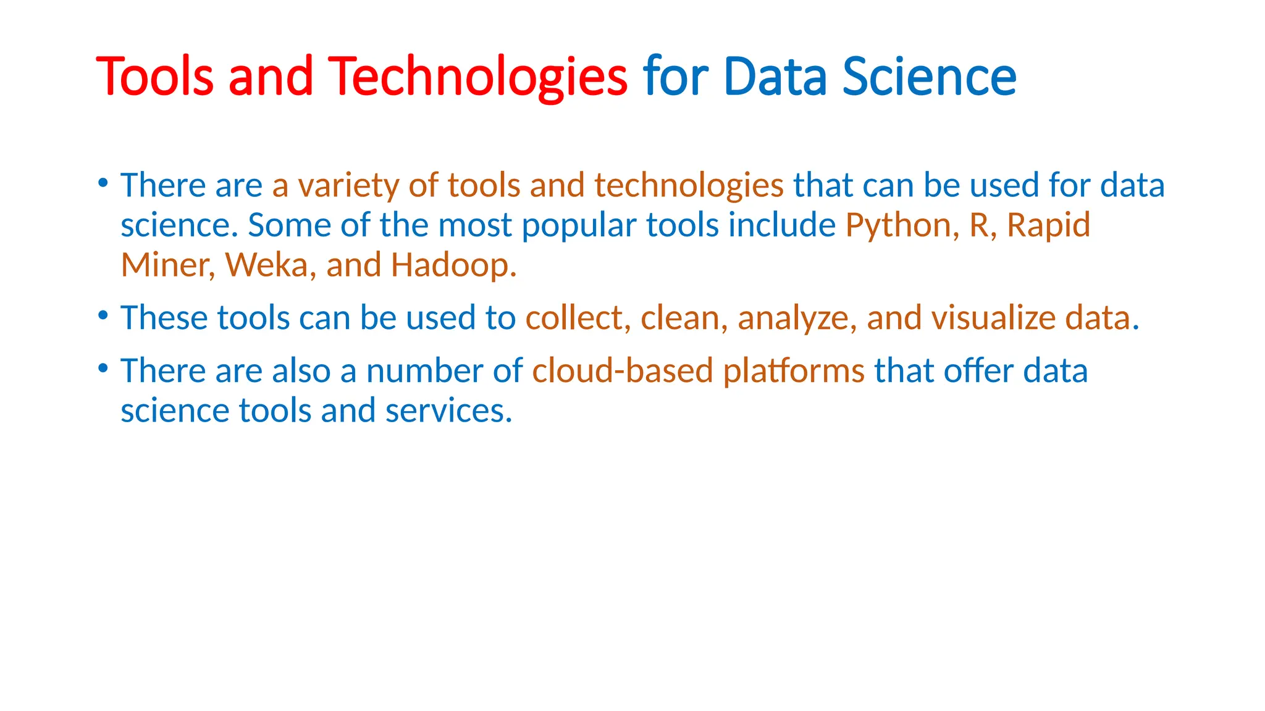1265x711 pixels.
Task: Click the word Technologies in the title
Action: (477, 77)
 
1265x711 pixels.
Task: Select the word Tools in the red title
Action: (154, 77)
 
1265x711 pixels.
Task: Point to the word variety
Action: (348, 186)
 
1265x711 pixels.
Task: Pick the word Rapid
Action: (1048, 225)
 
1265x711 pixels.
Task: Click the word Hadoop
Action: (453, 265)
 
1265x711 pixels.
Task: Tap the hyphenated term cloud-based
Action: (623, 371)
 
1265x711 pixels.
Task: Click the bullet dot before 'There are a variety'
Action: (103, 183)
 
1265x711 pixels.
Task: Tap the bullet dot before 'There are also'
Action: (103, 368)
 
